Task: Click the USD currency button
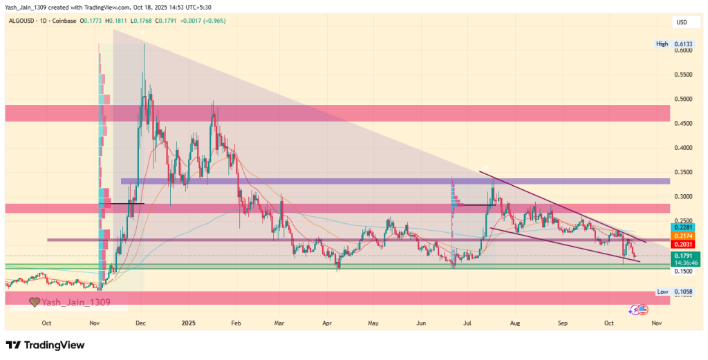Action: point(681,23)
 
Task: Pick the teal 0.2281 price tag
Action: point(682,227)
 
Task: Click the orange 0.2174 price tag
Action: point(682,236)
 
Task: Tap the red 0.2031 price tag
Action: point(682,245)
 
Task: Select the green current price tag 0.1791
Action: point(682,256)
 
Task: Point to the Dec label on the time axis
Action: point(140,323)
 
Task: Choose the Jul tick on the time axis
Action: point(467,323)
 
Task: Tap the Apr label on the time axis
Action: point(327,323)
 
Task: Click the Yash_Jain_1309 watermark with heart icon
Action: point(68,302)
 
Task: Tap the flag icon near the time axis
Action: point(645,310)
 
